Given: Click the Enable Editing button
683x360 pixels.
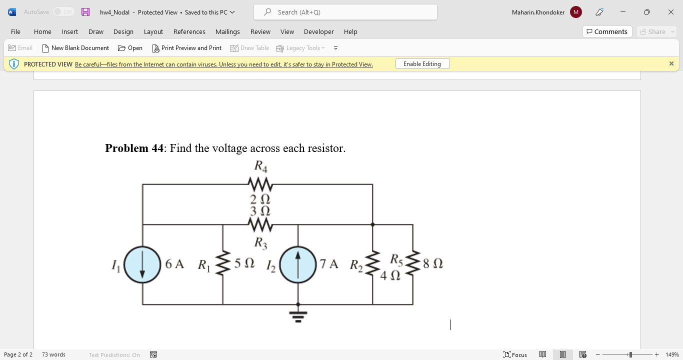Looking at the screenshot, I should click(x=422, y=64).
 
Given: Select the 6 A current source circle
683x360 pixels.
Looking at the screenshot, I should click(x=142, y=264).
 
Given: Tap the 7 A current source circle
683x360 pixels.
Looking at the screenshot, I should click(x=298, y=264).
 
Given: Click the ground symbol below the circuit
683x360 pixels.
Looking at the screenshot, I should click(x=298, y=316).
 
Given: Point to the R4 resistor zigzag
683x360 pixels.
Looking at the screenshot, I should click(x=260, y=184).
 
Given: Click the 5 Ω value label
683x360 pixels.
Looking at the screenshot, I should click(x=244, y=263).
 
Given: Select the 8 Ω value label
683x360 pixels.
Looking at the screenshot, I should click(x=432, y=263).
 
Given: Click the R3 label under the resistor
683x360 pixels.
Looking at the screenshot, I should click(x=260, y=243).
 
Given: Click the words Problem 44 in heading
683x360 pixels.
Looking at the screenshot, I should click(x=134, y=148).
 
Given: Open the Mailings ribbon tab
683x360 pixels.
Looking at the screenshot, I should click(x=227, y=31).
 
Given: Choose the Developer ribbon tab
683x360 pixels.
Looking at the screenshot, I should click(x=318, y=31).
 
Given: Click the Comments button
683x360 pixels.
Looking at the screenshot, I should click(x=607, y=31).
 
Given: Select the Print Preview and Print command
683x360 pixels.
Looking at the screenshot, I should click(x=186, y=48).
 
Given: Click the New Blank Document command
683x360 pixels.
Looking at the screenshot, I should click(x=75, y=48).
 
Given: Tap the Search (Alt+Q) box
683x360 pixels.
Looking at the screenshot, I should click(x=345, y=12).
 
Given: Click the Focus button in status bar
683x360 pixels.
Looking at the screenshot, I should click(x=515, y=354).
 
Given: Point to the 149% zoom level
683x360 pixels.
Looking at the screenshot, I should click(x=672, y=354).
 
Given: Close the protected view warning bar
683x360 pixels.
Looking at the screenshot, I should click(x=671, y=63).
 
